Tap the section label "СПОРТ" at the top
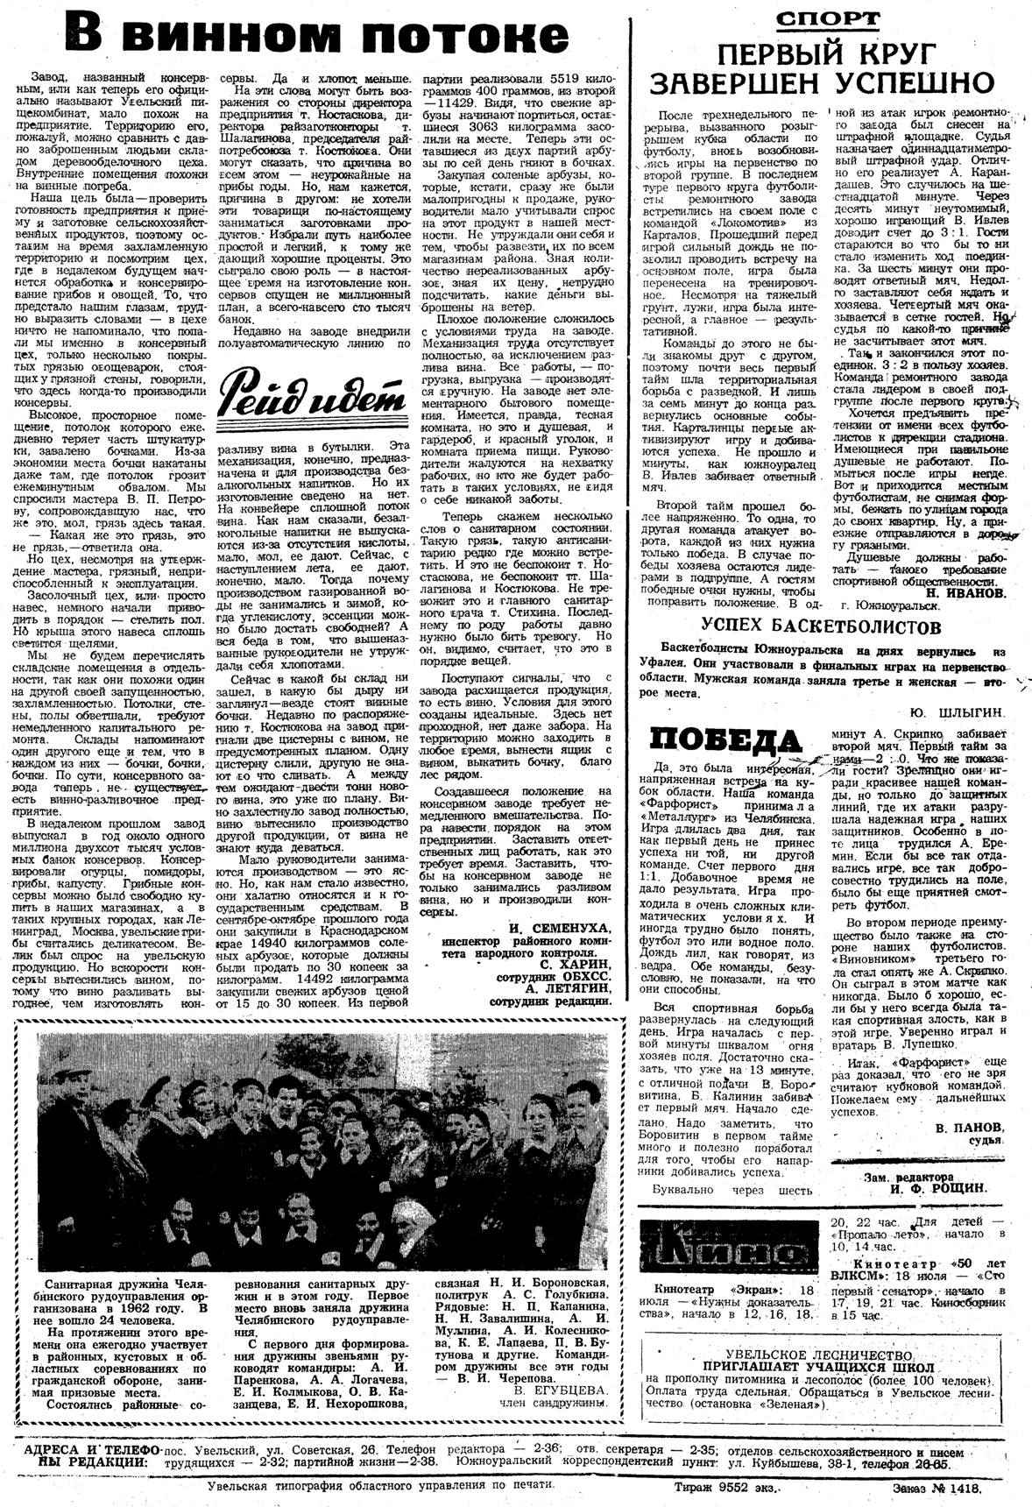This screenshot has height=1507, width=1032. coord(826,18)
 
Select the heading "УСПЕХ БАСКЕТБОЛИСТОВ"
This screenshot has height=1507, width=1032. coord(821,626)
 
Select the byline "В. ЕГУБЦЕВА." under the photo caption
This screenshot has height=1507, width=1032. coord(560,1390)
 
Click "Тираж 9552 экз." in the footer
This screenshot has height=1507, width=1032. coord(726,1486)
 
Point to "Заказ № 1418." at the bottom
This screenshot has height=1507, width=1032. coord(936,1486)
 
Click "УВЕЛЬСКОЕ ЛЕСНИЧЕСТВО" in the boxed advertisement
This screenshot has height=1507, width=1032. coord(819,1355)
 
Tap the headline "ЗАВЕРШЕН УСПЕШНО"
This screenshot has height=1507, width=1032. coord(821,82)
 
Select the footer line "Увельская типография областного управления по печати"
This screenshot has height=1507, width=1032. coord(381,1485)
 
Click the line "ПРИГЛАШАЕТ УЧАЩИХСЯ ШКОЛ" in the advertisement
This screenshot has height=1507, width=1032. coord(819,1367)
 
